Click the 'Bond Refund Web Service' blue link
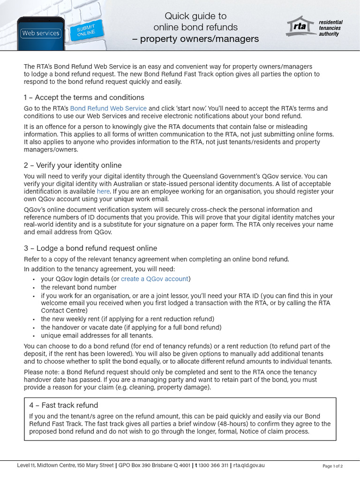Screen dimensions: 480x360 pyautogui.click(x=108, y=108)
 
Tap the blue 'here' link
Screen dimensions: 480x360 pyautogui.click(x=103, y=191)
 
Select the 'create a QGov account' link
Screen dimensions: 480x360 pyautogui.click(x=155, y=278)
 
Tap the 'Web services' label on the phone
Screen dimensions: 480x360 pyautogui.click(x=41, y=33)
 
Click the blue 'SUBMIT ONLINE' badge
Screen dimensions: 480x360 pyautogui.click(x=86, y=30)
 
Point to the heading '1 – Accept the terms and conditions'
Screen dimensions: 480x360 pyautogui.click(x=84, y=97)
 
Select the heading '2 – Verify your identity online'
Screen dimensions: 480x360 pyautogui.click(x=73, y=165)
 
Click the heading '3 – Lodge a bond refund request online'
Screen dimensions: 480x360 pyautogui.click(x=90, y=248)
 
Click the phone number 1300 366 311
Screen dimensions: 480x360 pyautogui.click(x=213, y=465)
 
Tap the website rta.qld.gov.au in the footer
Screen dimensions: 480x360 pyautogui.click(x=249, y=465)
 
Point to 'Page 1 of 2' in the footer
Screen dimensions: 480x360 pyautogui.click(x=333, y=466)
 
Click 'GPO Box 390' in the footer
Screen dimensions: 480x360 pyautogui.click(x=136, y=465)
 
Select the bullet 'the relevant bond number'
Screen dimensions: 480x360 pyautogui.click(x=78, y=287)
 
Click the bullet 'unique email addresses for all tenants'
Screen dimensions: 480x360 pyautogui.click(x=97, y=336)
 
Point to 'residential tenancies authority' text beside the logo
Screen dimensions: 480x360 pyautogui.click(x=330, y=28)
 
